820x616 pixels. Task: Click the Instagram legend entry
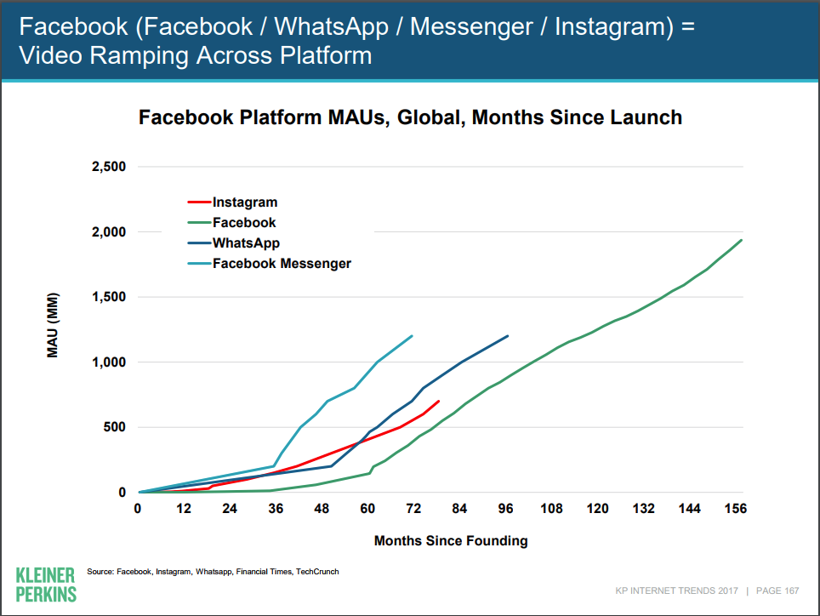(245, 202)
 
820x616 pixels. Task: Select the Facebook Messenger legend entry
(282, 264)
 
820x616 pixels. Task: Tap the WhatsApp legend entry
(246, 243)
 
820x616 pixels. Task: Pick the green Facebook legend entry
(244, 223)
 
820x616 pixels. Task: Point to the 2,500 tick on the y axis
(108, 167)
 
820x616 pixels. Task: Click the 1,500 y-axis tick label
(108, 297)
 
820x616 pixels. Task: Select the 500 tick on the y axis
(114, 427)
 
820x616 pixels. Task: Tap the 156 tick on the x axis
(735, 509)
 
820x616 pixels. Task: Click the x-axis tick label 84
(460, 509)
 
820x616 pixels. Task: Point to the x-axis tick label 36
(276, 509)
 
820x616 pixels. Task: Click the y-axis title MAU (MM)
(53, 328)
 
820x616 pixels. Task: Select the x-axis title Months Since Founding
(451, 540)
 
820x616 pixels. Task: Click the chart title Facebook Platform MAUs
(410, 117)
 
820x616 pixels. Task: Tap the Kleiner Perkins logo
(45, 584)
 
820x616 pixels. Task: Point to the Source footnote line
(213, 572)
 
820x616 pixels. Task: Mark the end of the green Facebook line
(742, 240)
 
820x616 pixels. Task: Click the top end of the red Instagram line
(438, 401)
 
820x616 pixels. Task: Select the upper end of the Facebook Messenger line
(412, 336)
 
